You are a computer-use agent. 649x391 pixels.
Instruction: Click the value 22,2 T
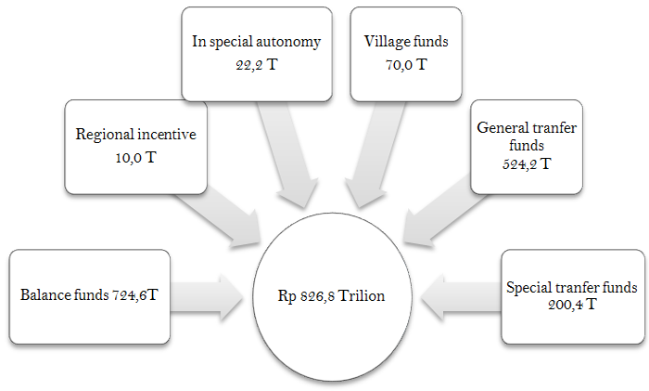tap(257, 65)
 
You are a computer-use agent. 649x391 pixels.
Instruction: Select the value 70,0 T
tap(406, 65)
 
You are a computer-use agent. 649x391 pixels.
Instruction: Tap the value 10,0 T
tap(135, 158)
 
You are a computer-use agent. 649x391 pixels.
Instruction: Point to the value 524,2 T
tap(527, 163)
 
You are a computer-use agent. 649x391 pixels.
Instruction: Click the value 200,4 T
tap(572, 305)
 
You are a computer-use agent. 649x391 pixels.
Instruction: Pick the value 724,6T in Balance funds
tap(135, 294)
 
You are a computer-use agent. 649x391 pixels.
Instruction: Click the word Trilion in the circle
tap(362, 295)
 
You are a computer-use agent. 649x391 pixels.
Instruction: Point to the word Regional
tap(105, 135)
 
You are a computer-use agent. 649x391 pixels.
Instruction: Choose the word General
tap(503, 128)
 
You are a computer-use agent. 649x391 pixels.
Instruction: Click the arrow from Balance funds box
tap(206, 297)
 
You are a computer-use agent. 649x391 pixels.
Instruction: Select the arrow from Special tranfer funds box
tap(461, 297)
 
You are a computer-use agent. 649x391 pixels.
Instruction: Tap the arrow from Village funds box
tap(375, 154)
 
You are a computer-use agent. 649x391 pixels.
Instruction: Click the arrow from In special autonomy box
tap(288, 154)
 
